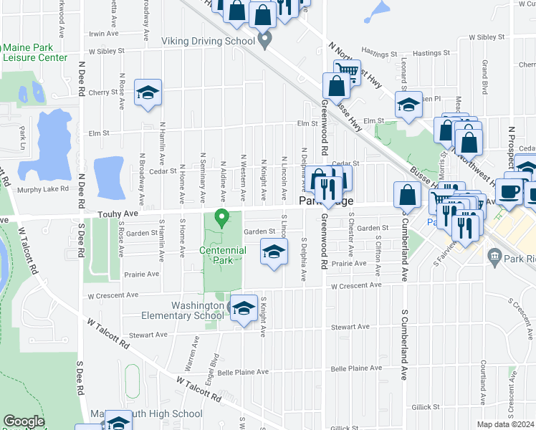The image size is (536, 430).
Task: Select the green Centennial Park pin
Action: [x=221, y=217]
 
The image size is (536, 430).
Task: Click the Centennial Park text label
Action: [x=222, y=255]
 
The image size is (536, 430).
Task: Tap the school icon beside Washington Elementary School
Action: [x=244, y=308]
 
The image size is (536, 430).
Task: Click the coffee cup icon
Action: [x=510, y=191]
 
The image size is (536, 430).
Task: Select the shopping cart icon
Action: [x=347, y=70]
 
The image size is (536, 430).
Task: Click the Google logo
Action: [x=24, y=421]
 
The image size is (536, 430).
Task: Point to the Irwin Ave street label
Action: [x=103, y=33]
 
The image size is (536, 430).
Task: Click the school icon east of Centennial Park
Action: [x=274, y=252]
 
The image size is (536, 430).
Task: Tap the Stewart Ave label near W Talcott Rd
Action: [x=148, y=335]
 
